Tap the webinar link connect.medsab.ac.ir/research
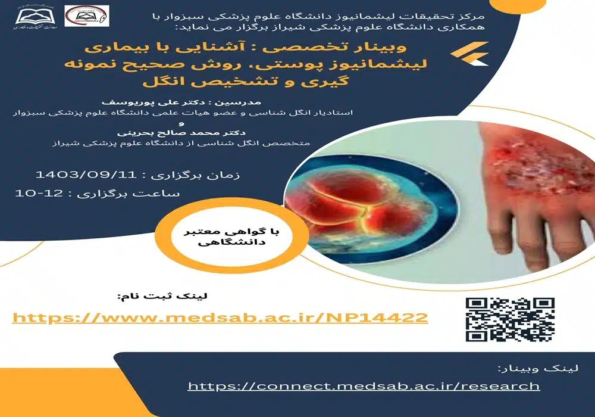[364, 386]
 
